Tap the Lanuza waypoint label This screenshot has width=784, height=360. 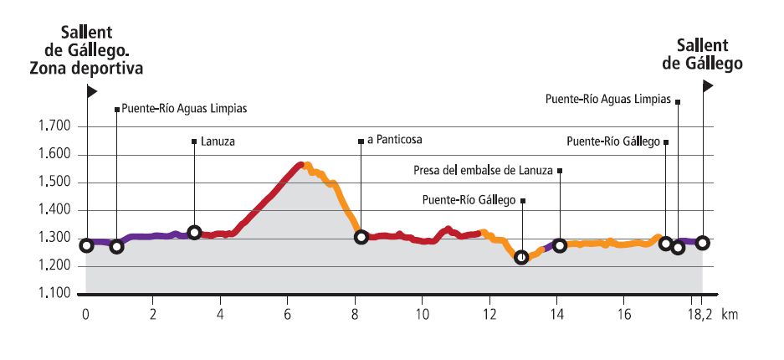pyautogui.click(x=218, y=142)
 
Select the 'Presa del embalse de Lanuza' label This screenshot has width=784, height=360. pyautogui.click(x=484, y=171)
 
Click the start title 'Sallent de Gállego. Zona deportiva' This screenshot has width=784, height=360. pyautogui.click(x=87, y=50)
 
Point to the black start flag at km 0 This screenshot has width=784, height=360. pyautogui.click(x=93, y=90)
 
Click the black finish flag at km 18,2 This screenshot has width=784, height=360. pyautogui.click(x=708, y=85)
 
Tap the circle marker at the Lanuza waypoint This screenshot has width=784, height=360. pyautogui.click(x=194, y=232)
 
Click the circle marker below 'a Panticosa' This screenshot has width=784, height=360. pyautogui.click(x=361, y=237)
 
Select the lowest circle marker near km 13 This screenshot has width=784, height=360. pyautogui.click(x=521, y=257)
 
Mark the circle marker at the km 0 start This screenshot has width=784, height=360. pyautogui.click(x=86, y=245)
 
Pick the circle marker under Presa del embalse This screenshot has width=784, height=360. pyautogui.click(x=560, y=245)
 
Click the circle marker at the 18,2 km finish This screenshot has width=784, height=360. pyautogui.click(x=703, y=243)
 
